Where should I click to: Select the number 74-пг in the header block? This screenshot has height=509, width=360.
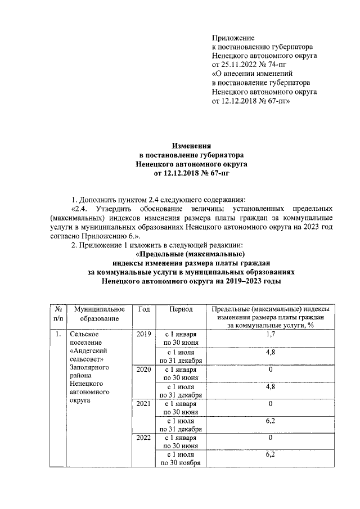click(x=281, y=65)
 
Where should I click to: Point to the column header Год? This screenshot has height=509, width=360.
click(x=143, y=309)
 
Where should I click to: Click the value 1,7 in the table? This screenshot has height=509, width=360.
click(x=271, y=334)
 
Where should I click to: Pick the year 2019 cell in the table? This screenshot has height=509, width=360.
click(x=143, y=334)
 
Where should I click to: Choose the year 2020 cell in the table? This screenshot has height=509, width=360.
click(x=143, y=370)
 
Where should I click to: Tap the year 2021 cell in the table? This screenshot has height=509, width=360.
click(x=143, y=403)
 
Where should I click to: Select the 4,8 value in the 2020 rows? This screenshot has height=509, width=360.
click(x=271, y=386)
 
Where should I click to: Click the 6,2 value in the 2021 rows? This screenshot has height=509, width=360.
click(x=271, y=420)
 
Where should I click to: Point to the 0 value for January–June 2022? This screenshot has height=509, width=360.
click(x=271, y=437)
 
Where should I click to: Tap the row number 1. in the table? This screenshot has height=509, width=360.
click(x=58, y=334)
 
